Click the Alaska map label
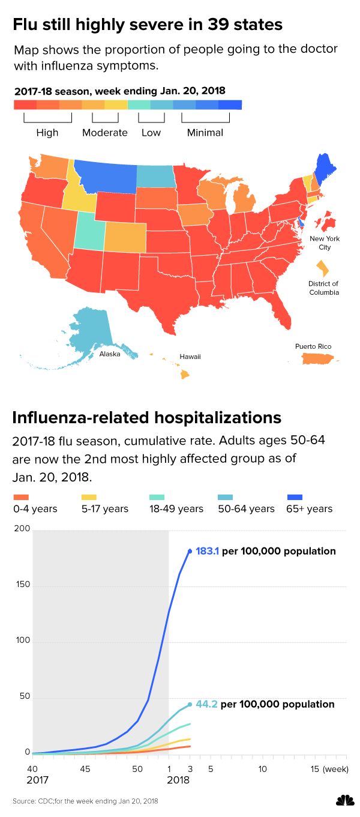[110, 354]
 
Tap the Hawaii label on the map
[190, 357]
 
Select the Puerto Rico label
[313, 346]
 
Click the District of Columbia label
[323, 288]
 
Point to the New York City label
[325, 243]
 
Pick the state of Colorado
[125, 237]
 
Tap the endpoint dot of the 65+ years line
[190, 550]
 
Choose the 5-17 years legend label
[104, 509]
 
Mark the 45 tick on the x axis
[85, 769]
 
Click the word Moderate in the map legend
[104, 133]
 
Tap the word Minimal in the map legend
[205, 133]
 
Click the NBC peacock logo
[344, 801]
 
